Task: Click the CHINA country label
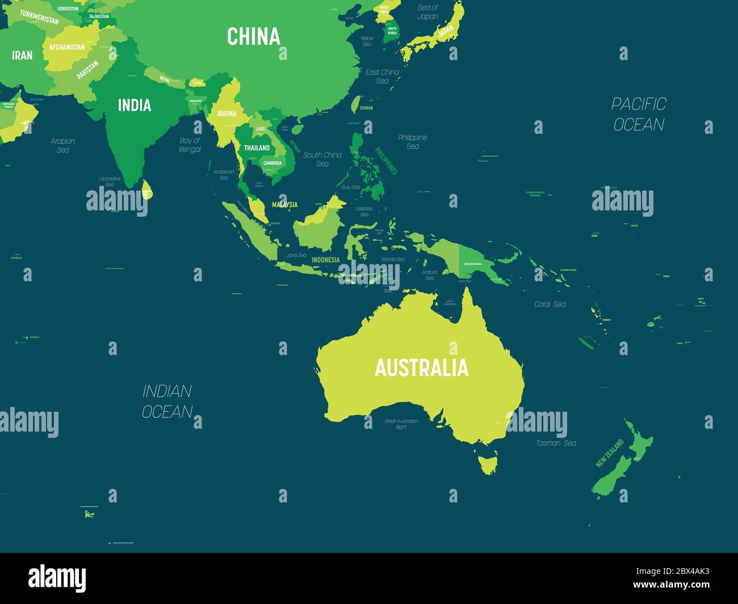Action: [254, 36]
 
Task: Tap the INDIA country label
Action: [135, 105]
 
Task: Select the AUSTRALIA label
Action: [421, 368]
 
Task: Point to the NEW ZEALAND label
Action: [609, 453]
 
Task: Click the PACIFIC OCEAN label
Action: [639, 114]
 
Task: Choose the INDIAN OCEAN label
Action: [167, 401]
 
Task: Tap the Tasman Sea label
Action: [556, 443]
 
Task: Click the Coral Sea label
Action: [550, 305]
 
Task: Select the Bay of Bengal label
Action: [190, 145]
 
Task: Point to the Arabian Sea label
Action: [63, 145]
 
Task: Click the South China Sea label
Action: [322, 159]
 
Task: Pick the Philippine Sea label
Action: [413, 142]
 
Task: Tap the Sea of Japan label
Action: [427, 12]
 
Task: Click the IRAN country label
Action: [23, 55]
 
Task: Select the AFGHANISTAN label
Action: [67, 48]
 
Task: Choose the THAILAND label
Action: [257, 148]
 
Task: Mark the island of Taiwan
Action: [355, 104]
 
